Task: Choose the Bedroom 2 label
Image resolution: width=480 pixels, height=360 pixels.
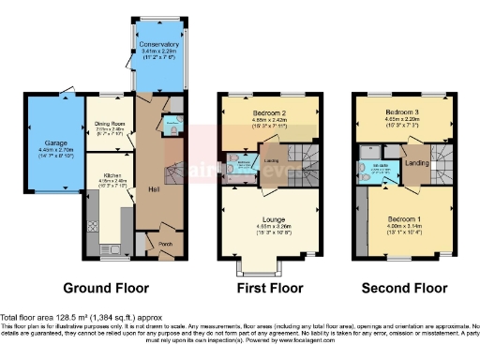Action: [267, 112]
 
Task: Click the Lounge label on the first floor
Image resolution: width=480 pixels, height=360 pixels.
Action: [268, 218]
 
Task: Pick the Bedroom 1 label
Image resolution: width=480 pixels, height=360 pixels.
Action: [409, 217]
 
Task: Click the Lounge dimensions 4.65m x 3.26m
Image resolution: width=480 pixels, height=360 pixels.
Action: [268, 226]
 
